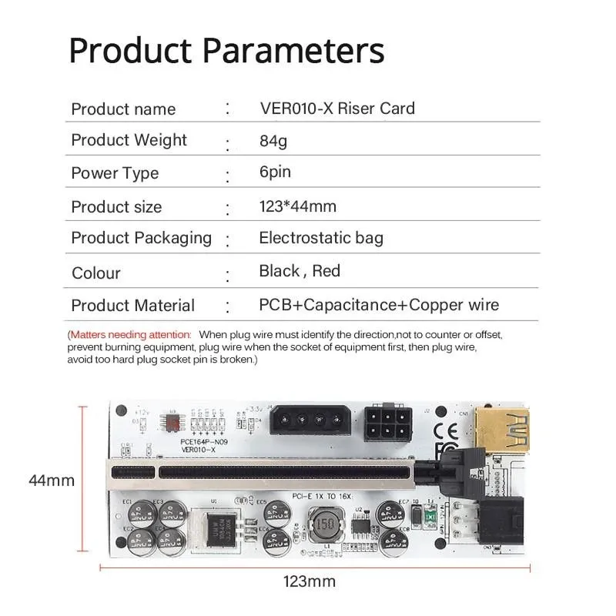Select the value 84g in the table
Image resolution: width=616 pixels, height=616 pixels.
pyautogui.click(x=273, y=141)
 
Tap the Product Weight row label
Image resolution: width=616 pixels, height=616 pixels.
pyautogui.click(x=129, y=140)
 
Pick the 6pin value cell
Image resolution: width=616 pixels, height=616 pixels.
pyautogui.click(x=275, y=172)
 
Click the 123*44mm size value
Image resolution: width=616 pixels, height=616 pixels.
pyautogui.click(x=297, y=206)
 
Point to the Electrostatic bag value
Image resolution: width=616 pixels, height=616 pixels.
pyautogui.click(x=320, y=238)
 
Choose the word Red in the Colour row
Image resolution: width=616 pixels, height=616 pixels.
pyautogui.click(x=326, y=271)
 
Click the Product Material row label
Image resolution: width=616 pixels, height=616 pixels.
pyautogui.click(x=132, y=306)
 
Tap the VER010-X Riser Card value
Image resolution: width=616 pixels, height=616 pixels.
pyautogui.click(x=336, y=108)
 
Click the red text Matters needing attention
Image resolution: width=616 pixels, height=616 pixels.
pyautogui.click(x=130, y=335)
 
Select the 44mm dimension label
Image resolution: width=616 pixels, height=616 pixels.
pyautogui.click(x=52, y=480)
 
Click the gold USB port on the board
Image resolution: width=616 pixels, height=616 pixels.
pyautogui.click(x=501, y=428)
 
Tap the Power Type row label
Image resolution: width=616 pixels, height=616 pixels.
pyautogui.click(x=115, y=173)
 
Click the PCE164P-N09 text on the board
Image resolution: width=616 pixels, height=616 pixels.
pyautogui.click(x=204, y=442)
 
